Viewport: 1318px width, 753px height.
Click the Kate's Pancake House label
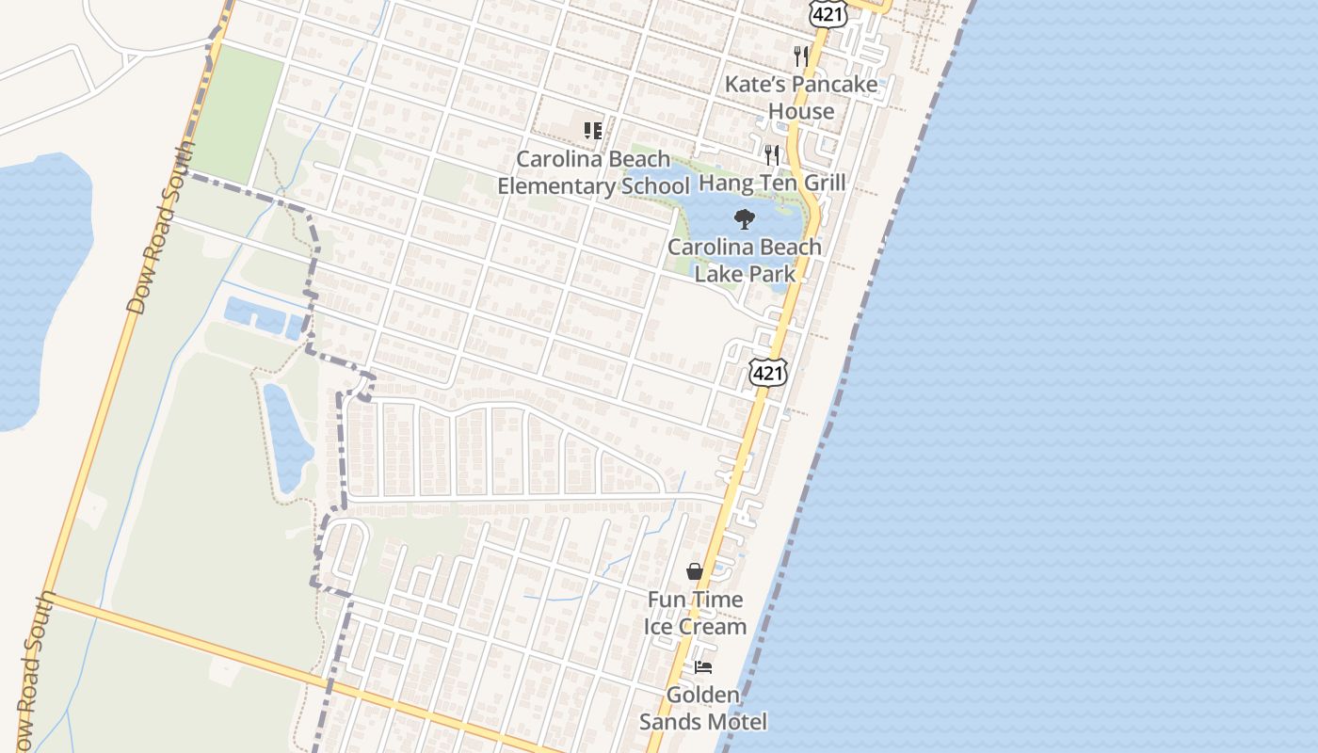click(x=801, y=98)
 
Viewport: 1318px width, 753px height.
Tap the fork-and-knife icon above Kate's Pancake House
click(x=801, y=56)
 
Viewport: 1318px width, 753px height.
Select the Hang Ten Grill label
click(x=772, y=183)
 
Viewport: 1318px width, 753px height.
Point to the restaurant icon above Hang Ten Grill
click(x=772, y=154)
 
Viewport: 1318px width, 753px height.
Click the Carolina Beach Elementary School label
click(x=593, y=172)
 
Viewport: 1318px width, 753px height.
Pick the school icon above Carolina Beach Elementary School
click(x=593, y=131)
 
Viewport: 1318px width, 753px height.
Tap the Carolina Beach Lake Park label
click(x=745, y=261)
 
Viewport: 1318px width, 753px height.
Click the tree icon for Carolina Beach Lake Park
click(x=745, y=220)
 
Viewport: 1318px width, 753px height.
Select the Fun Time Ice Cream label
click(x=695, y=613)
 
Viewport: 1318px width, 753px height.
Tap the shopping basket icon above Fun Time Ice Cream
click(x=695, y=571)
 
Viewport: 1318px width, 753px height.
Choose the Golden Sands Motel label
click(x=703, y=709)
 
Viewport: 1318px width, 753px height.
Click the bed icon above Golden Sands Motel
click(x=703, y=667)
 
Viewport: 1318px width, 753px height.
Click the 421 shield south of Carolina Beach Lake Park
click(x=767, y=372)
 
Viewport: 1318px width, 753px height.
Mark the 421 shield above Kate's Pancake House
click(x=829, y=11)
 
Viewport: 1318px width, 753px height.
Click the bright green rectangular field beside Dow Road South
click(x=235, y=113)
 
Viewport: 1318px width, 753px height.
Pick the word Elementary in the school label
click(x=555, y=186)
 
